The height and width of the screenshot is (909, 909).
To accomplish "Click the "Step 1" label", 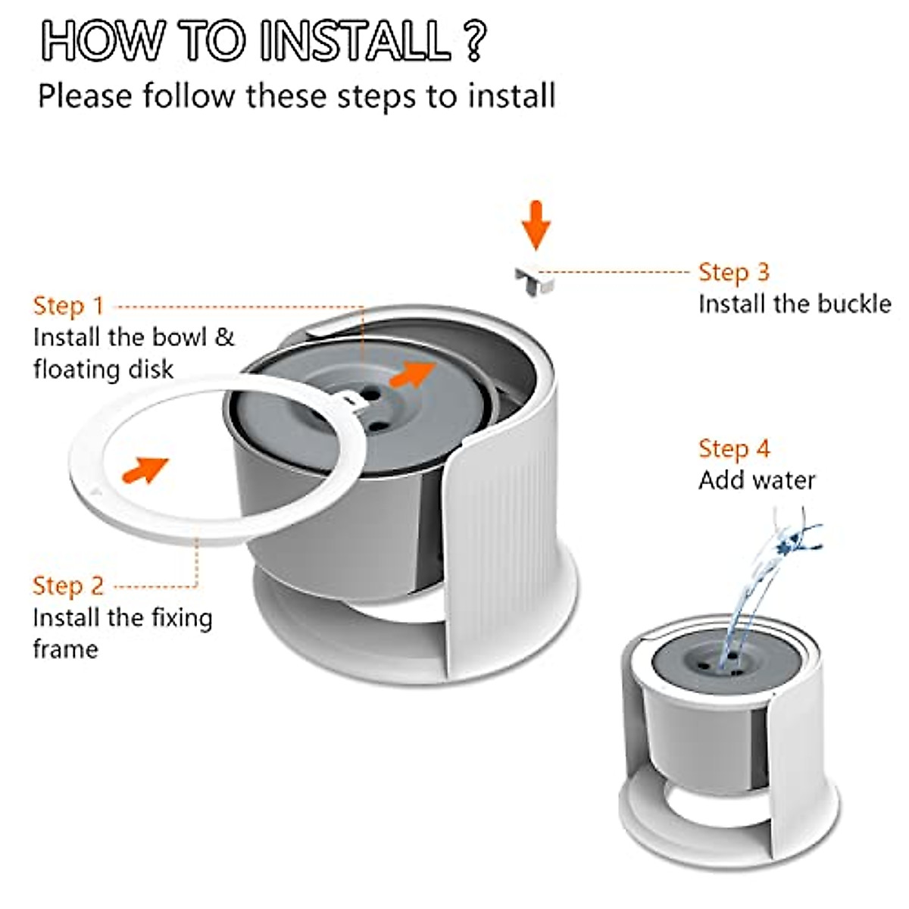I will pyautogui.click(x=68, y=306).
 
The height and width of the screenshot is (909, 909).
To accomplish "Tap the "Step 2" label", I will pyautogui.click(x=68, y=586).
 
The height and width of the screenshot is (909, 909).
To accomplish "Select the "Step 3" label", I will pyautogui.click(x=733, y=272).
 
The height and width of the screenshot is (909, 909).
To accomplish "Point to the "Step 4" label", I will pyautogui.click(x=733, y=448).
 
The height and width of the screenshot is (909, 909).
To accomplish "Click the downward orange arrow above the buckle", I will pyautogui.click(x=536, y=224).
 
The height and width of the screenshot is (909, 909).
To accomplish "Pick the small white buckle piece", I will pyautogui.click(x=535, y=281).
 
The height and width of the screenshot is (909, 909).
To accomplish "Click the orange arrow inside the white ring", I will pyautogui.click(x=145, y=469).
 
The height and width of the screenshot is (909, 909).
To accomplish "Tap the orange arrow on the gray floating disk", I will pyautogui.click(x=414, y=372).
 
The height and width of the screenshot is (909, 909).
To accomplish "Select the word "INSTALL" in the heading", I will pyautogui.click(x=355, y=41).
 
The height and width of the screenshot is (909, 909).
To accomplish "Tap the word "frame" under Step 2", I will pyautogui.click(x=65, y=649).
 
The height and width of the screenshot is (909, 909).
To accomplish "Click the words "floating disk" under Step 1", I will pyautogui.click(x=103, y=370).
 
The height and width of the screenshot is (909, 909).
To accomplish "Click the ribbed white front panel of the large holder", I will pyautogui.click(x=500, y=561).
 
